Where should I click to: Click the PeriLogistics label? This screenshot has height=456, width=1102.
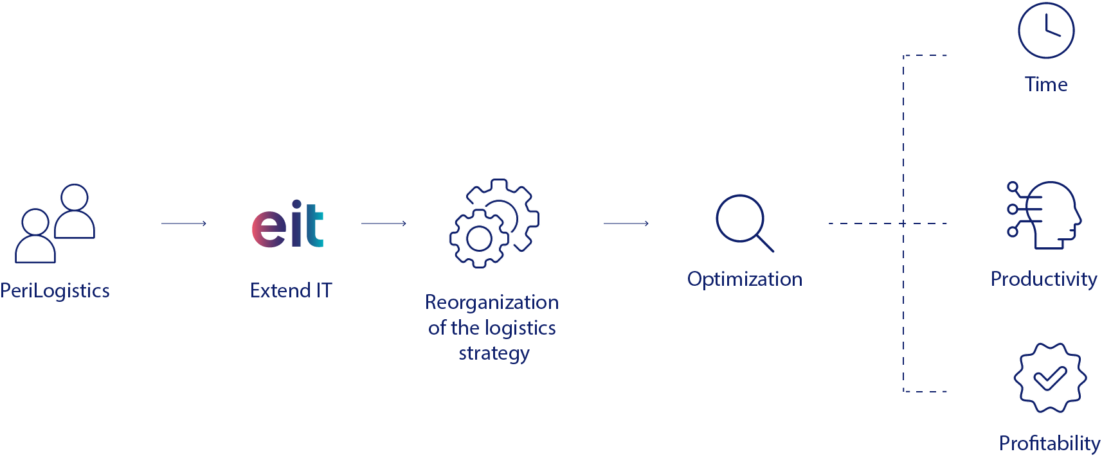55,291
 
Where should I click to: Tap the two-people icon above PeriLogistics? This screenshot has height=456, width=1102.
55,224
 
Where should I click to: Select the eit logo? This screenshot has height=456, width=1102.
288,224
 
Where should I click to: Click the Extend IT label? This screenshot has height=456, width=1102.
291,291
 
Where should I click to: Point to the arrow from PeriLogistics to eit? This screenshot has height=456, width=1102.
184,224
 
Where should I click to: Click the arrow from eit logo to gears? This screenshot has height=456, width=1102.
384,224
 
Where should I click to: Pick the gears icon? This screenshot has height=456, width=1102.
494,224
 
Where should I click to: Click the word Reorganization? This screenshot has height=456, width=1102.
492,302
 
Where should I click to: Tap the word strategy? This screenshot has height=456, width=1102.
494,353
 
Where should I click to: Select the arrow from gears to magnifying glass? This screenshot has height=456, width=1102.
626,224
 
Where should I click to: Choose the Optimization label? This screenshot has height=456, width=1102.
745,279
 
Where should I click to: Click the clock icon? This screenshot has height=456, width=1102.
1046,31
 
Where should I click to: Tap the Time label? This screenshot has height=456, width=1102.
1046,85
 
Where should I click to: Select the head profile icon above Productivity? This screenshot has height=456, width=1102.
1045,215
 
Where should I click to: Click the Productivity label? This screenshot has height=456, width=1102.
1043,279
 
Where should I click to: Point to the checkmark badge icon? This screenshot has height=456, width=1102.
1050,378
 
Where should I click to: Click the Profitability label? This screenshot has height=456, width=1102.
1049,443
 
